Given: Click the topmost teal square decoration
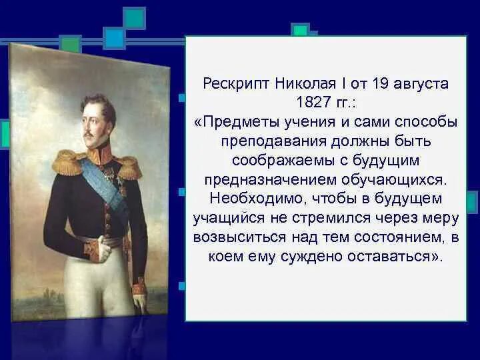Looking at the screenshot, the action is pyautogui.click(x=134, y=18).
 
